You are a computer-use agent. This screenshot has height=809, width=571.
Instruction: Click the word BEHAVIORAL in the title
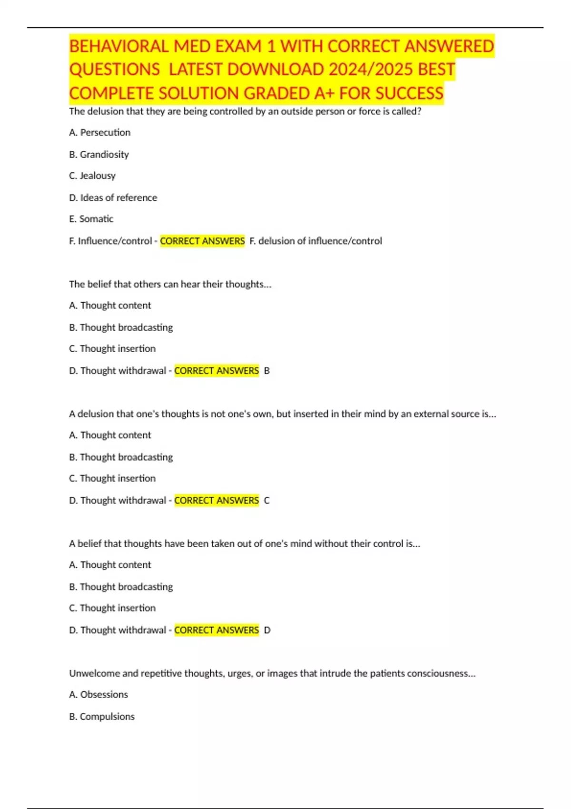119,47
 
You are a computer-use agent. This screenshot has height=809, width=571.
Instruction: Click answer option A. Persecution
99,132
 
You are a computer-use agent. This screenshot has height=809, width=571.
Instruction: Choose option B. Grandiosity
99,154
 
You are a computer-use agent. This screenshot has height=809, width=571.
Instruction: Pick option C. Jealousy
92,176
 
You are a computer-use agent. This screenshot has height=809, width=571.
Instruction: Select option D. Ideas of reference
113,197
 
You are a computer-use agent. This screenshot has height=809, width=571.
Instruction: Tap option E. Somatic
91,219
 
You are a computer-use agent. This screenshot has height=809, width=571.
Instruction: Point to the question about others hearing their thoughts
170,284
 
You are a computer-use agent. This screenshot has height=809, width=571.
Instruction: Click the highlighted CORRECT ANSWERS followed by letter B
217,371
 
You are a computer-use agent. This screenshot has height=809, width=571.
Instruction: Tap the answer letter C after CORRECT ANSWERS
266,501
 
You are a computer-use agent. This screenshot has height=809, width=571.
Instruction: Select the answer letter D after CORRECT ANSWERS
267,630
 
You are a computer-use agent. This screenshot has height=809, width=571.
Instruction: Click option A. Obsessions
98,694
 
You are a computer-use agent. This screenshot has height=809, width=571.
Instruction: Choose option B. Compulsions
102,716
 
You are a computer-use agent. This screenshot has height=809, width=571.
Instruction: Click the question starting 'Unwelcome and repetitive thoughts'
272,673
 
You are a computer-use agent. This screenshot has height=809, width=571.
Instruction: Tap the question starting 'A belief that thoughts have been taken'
244,543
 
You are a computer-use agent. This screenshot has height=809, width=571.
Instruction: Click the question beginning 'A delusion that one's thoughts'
282,414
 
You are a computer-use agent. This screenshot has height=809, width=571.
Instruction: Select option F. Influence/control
110,241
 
